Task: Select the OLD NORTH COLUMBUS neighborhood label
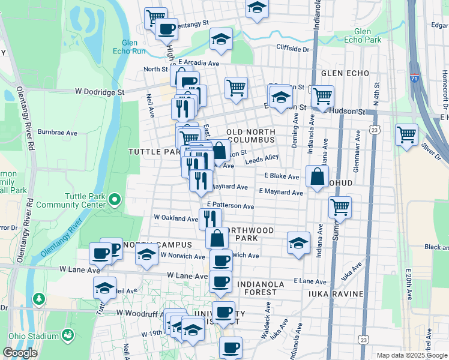[x=252, y=136]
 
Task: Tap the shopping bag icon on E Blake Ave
[x=316, y=177]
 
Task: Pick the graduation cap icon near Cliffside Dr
[x=221, y=40]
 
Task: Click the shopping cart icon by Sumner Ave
[x=340, y=208]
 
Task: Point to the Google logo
[x=20, y=353]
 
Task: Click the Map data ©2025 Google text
[x=412, y=355]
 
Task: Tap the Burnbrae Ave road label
[x=58, y=132]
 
